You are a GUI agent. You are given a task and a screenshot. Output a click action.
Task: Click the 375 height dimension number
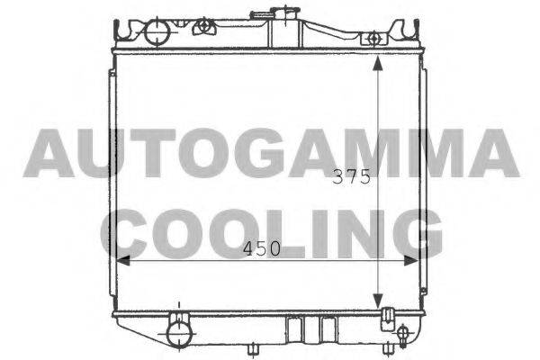click(351, 177)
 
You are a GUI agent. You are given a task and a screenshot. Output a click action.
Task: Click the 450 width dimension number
click(262, 248)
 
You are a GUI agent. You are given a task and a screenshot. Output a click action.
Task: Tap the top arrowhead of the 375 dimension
click(378, 63)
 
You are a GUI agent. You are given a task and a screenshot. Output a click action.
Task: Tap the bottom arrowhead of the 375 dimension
click(378, 301)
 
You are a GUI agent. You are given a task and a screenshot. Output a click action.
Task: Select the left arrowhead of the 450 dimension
click(123, 261)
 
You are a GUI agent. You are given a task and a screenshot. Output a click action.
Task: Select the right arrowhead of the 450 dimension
click(411, 261)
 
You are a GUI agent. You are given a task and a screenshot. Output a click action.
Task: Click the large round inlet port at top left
click(157, 32)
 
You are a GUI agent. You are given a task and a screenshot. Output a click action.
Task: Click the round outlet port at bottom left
click(179, 333)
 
